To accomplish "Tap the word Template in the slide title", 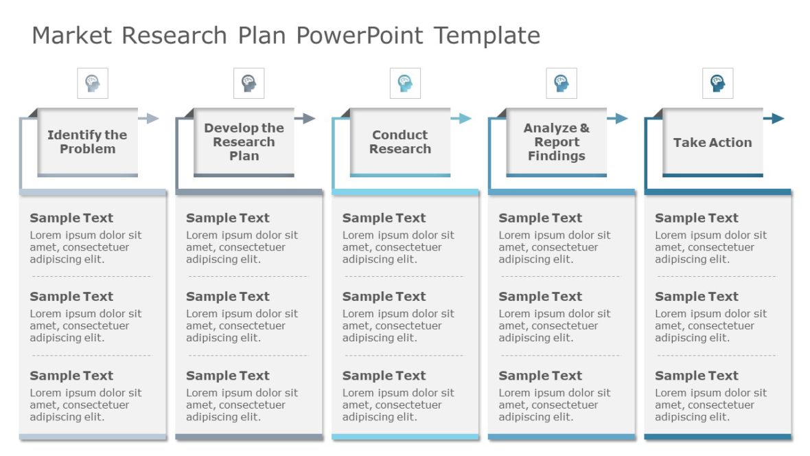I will pos(487,35).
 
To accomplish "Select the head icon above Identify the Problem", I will pos(93,84).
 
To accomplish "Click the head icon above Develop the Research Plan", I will pos(248,84).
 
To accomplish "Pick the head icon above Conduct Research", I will pos(405,84).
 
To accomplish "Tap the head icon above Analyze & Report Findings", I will pos(562,84).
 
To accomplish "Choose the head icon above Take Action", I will pos(717,84).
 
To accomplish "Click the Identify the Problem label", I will pos(87,142).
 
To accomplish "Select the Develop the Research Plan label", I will pos(244,142).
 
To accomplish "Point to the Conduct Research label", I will pos(400,142).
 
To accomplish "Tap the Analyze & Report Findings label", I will pos(557,142).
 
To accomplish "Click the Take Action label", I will pos(713,143).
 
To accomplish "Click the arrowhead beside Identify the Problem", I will pos(153,119).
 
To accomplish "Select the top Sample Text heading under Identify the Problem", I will pos(71,218).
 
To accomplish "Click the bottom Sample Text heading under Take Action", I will pos(697,376).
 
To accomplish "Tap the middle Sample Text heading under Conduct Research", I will pos(384,297).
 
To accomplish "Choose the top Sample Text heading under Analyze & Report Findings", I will pos(540,218).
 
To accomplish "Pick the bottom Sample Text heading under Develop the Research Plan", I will pos(228,376).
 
